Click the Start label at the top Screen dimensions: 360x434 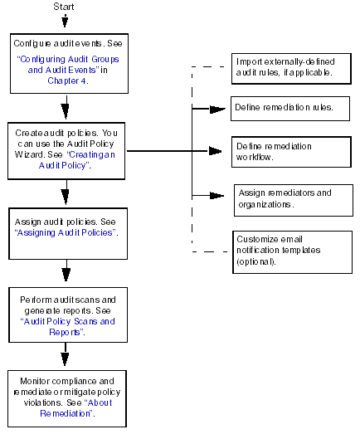(x=64, y=7)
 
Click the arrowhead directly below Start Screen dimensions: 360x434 (x=65, y=22)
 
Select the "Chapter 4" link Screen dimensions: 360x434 (x=66, y=80)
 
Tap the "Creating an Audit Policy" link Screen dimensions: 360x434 (x=77, y=160)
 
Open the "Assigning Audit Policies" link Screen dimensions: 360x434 (x=66, y=233)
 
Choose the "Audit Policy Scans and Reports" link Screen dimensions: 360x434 (x=67, y=327)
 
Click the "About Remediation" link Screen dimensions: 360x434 (x=75, y=408)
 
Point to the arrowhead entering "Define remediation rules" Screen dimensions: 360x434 (x=218, y=110)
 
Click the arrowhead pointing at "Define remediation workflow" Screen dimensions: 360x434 (x=216, y=151)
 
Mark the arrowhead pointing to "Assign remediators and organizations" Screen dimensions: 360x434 (x=217, y=196)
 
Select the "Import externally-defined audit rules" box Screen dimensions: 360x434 (x=291, y=69)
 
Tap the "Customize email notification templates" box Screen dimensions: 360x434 (x=293, y=252)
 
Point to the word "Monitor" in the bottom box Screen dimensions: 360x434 (x=35, y=381)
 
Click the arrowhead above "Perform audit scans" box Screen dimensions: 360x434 (x=66, y=275)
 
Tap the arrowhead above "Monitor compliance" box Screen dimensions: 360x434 (x=65, y=359)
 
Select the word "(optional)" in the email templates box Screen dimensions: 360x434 (x=256, y=261)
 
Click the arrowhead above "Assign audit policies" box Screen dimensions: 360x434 (x=66, y=197)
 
